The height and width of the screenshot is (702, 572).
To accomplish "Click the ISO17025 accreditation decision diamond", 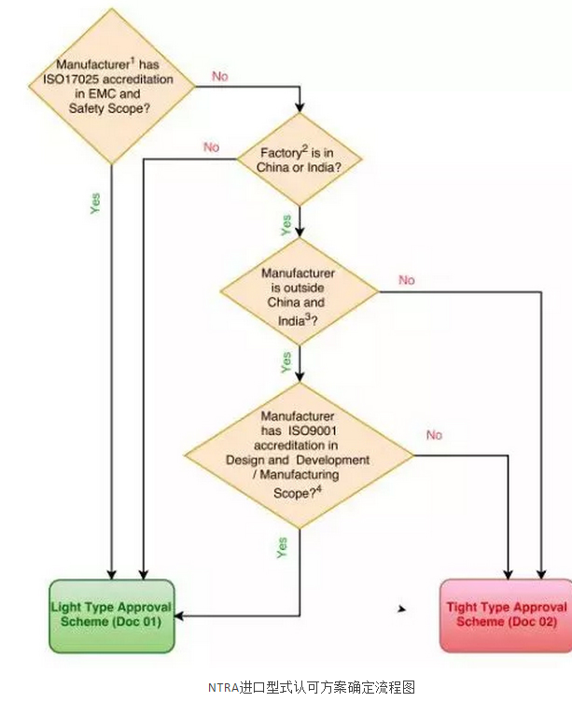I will click(x=112, y=86).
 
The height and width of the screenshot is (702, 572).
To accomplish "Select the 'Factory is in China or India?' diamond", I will click(x=298, y=160).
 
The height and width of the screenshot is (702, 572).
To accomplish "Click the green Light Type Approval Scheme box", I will click(x=111, y=615).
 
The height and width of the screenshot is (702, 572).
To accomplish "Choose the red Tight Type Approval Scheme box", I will click(x=505, y=614).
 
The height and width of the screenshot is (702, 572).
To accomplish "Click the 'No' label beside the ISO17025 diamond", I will click(x=220, y=77).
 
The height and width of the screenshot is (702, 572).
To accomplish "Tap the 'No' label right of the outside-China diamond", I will click(x=407, y=280).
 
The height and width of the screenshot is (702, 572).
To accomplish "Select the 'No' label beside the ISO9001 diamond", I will click(x=434, y=435).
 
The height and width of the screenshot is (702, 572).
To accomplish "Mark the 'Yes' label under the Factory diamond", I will click(x=286, y=224).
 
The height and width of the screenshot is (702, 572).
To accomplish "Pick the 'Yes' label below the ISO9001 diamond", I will click(x=283, y=547).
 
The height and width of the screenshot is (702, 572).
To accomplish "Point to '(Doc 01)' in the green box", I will click(x=141, y=623).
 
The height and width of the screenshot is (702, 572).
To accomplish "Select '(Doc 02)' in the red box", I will click(x=534, y=622).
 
